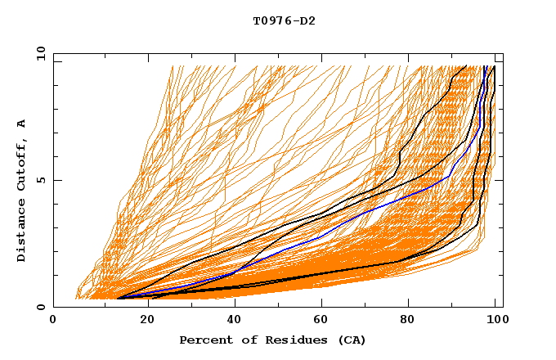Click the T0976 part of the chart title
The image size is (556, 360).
coord(270,21)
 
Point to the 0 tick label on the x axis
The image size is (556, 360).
coord(53,321)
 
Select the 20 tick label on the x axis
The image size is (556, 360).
coord(141,321)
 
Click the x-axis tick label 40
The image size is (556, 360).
coord(230,321)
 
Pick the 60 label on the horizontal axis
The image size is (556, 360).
coord(318,321)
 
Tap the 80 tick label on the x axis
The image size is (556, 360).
coord(406,321)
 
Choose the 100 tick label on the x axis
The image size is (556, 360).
coord(495,321)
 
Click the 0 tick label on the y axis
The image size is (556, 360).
coord(40,308)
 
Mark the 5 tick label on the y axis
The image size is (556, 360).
coord(40,180)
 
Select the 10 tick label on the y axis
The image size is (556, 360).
coord(38,53)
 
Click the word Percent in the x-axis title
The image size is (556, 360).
coord(205,340)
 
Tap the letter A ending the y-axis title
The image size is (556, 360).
coord(22,123)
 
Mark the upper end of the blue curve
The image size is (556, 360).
coord(486,67)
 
